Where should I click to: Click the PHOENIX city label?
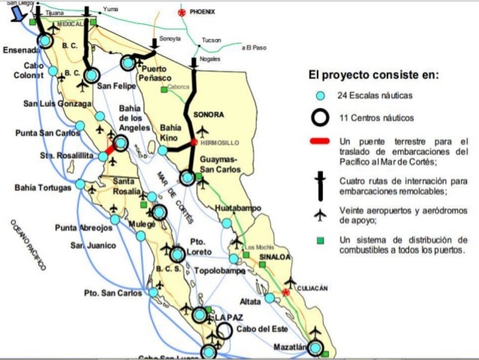[202, 12]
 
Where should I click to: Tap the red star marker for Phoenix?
[181, 12]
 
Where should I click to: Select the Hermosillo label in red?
[218, 141]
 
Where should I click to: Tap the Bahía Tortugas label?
[43, 187]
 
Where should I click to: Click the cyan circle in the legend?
[320, 96]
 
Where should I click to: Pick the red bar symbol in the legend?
[320, 141]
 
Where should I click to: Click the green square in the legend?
[320, 240]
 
